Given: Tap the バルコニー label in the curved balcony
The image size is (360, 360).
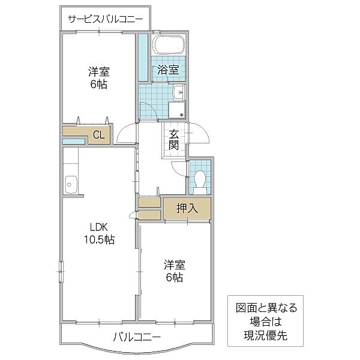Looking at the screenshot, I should point(137,337).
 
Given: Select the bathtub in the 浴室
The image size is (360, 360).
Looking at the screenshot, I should point(169,46).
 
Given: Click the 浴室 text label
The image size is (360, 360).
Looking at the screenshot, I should point(168,71).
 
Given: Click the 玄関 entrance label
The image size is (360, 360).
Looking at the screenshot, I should point(174,139).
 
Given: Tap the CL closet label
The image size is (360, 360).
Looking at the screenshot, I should point(98,134).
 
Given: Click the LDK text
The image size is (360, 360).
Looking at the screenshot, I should point(98,227).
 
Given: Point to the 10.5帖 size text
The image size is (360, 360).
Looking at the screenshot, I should point(98,239).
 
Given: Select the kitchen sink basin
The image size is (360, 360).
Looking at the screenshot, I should point(71,182).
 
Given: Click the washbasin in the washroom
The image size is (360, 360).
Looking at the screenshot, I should point(178,92).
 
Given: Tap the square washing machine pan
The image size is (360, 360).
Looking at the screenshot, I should point(176,110).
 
